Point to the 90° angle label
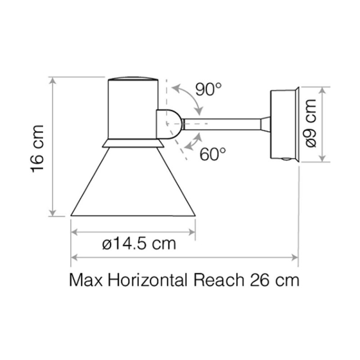tap(209, 90)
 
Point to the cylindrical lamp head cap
tap(133, 108)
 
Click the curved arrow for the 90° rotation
tap(189, 97)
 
